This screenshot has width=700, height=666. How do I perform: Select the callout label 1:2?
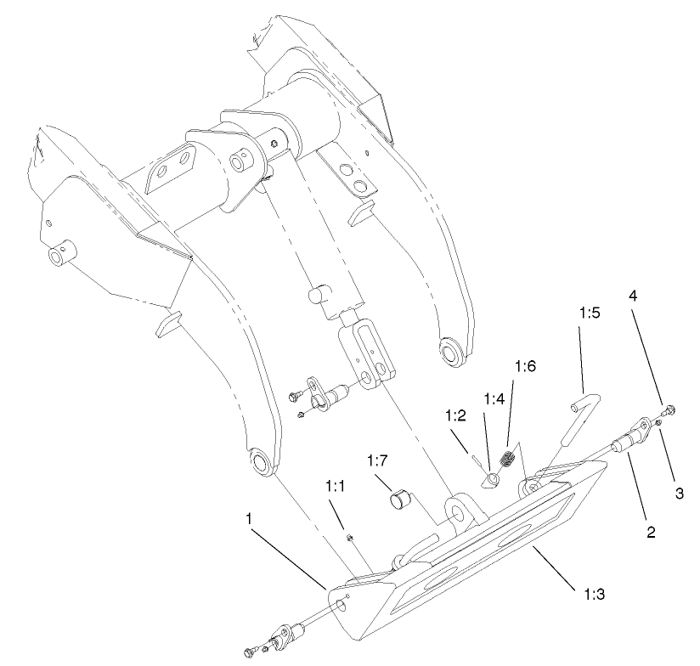[455, 415]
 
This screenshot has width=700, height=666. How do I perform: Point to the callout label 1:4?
[494, 398]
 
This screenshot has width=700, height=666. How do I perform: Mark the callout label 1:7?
[379, 461]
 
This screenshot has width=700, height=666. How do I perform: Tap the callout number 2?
[650, 533]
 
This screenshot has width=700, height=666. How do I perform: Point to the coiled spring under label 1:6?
[508, 461]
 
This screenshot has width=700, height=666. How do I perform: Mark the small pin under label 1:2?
[477, 460]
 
